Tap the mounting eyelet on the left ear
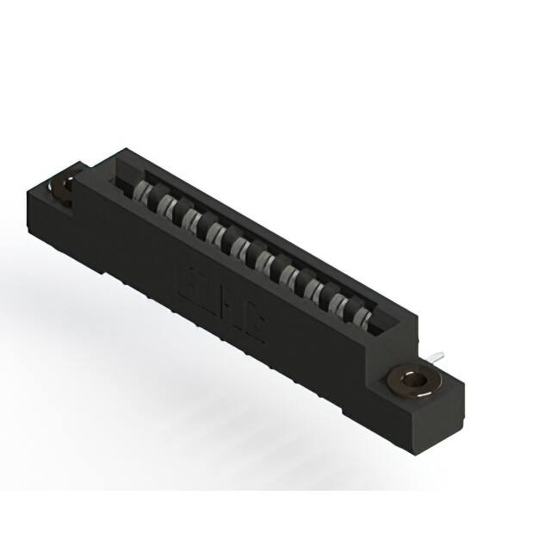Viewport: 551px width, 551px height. pos(64,189)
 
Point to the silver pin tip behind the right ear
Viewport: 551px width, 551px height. pos(439,354)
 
